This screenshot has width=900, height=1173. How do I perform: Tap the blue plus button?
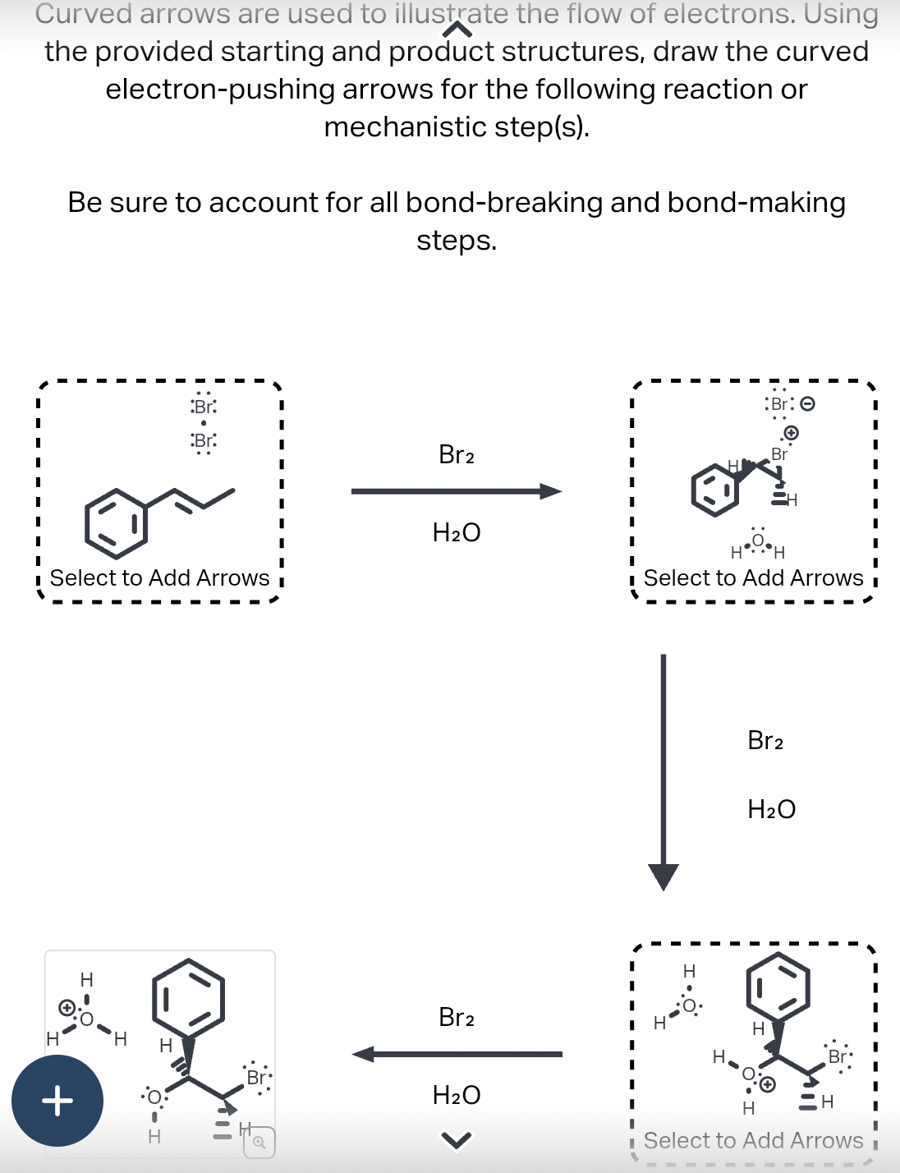click(x=57, y=1101)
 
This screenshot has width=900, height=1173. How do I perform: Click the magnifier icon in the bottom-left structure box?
click(x=259, y=1142)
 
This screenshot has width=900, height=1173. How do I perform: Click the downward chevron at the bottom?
click(x=457, y=1139)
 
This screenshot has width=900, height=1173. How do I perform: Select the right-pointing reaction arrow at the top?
click(x=457, y=492)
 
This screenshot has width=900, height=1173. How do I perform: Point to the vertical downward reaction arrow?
click(x=664, y=772)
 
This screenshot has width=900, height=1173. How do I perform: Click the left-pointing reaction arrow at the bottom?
click(x=457, y=1054)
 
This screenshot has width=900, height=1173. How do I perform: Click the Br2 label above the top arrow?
click(x=457, y=454)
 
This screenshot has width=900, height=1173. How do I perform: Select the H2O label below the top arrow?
click(x=457, y=533)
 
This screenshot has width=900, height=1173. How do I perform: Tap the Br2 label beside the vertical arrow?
click(x=765, y=741)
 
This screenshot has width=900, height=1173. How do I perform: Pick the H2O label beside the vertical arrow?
click(x=771, y=810)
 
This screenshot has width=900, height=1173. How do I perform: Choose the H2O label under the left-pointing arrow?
click(x=457, y=1095)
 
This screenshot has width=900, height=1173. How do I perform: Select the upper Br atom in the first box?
click(x=204, y=406)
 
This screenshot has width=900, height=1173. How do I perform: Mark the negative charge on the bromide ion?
click(x=807, y=404)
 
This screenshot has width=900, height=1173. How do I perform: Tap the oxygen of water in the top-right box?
click(x=757, y=540)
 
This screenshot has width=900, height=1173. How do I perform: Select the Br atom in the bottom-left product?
click(x=256, y=1077)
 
